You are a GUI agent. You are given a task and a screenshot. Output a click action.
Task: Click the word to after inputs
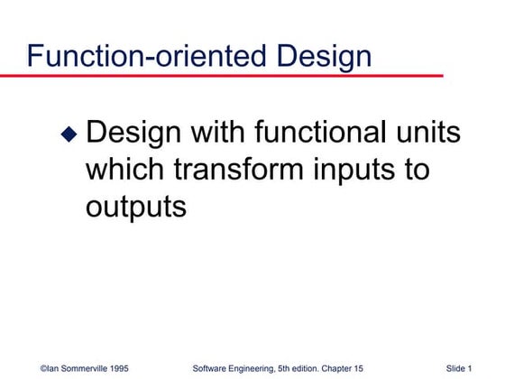click(417, 171)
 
